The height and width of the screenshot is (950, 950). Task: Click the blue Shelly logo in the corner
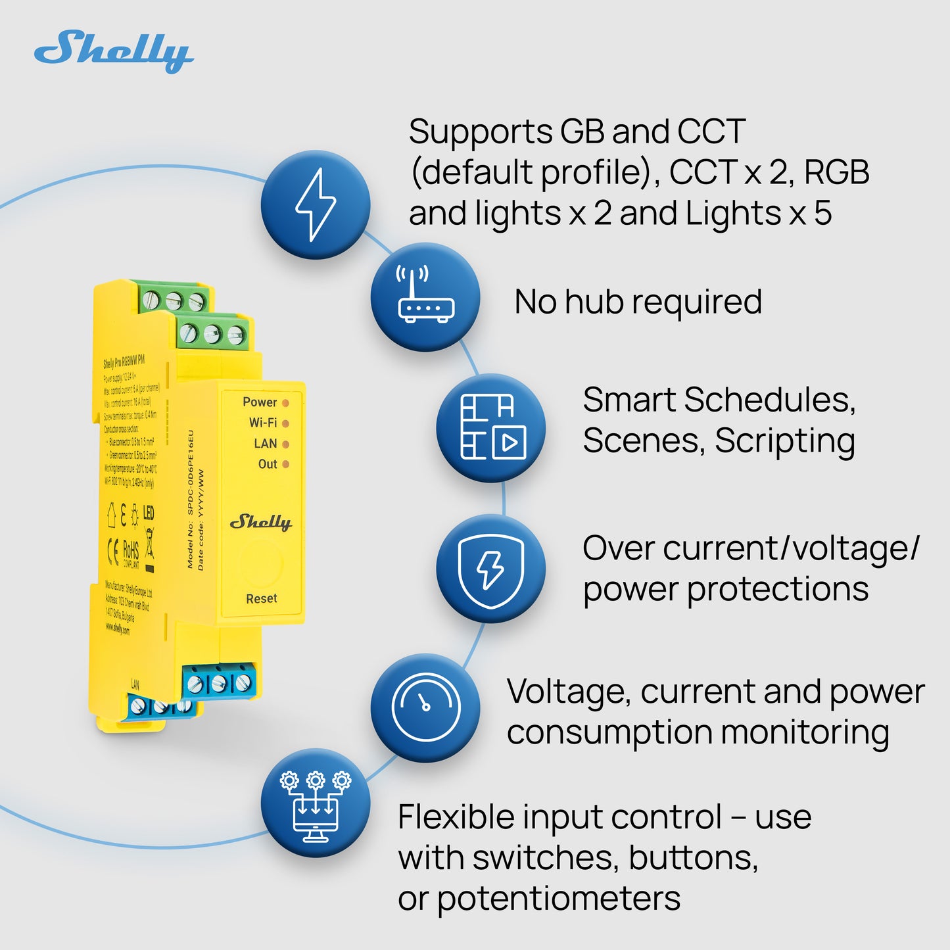[114, 51]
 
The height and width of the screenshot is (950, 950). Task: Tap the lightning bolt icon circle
[316, 204]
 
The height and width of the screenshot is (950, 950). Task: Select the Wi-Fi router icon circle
[425, 297]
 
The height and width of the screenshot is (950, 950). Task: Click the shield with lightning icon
[491, 569]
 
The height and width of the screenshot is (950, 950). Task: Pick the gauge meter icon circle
[425, 707]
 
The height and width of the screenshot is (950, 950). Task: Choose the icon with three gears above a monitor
[316, 803]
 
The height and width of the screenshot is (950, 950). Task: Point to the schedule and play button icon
[491, 427]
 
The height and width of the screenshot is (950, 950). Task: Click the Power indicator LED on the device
[285, 402]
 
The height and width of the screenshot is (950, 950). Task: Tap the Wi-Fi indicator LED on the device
[285, 423]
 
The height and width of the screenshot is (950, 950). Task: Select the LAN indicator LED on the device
[285, 444]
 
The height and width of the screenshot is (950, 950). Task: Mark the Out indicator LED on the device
[285, 464]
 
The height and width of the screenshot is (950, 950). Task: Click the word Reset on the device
[261, 599]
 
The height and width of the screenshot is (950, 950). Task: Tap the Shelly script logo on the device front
[260, 523]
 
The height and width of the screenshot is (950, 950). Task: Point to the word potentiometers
[559, 899]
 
